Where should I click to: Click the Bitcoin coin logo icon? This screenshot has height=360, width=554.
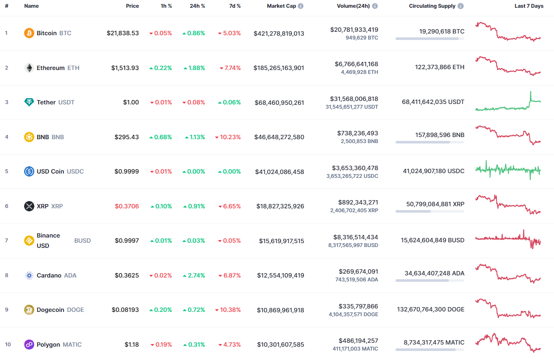coord(29,33)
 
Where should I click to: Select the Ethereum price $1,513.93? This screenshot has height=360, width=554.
coord(125,68)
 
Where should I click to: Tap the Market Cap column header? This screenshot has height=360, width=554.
coord(281,6)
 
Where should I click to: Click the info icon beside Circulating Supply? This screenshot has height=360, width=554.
coord(460,6)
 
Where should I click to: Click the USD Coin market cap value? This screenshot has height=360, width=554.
coord(280,171)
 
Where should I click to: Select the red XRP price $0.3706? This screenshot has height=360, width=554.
coord(127,206)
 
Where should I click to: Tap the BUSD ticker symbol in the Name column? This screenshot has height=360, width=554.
coord(82,241)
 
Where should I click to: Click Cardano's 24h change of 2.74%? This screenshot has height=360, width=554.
coord(194,275)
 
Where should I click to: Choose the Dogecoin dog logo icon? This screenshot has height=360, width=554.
coord(29,310)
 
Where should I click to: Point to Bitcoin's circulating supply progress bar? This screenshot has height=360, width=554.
coord(429,39)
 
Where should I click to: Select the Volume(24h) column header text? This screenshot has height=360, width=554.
coord(353,6)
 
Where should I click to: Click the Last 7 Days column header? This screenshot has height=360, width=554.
coord(529,6)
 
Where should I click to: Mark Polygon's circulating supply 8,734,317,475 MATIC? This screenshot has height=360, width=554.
coord(434,342)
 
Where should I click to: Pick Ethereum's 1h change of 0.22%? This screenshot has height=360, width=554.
coord(161,68)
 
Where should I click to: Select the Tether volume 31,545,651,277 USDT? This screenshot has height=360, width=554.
coord(352,107)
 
